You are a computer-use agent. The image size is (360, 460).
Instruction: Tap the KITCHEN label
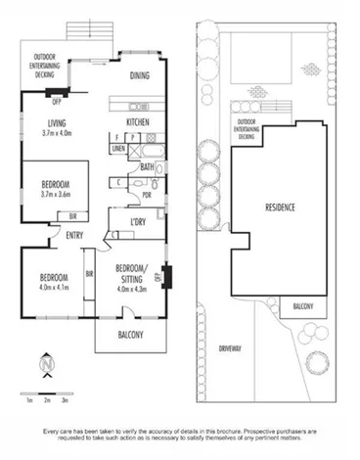[137, 121]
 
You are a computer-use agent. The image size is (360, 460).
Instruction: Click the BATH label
[147, 166]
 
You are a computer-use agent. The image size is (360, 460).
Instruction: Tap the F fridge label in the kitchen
[116, 137]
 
